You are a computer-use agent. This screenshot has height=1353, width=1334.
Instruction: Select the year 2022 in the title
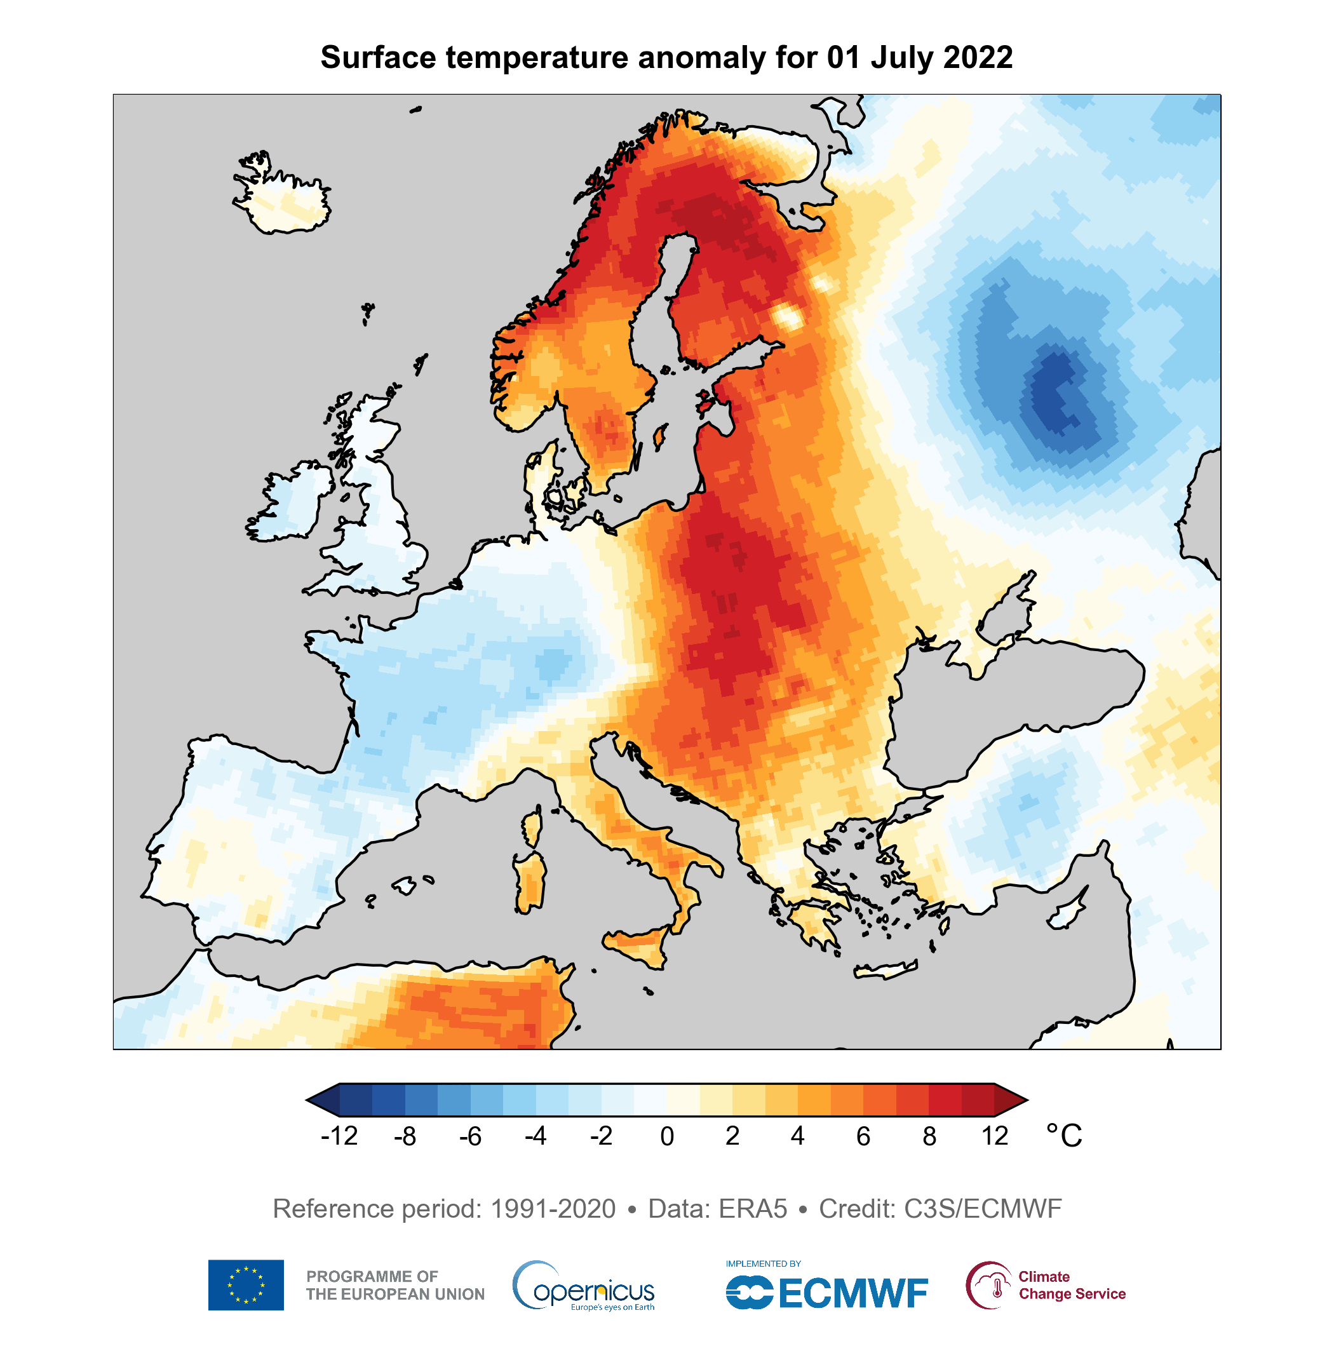pyautogui.click(x=977, y=57)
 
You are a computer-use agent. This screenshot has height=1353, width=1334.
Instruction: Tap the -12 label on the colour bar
pyautogui.click(x=339, y=1135)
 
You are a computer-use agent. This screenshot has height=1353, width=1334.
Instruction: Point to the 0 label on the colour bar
pyautogui.click(x=666, y=1135)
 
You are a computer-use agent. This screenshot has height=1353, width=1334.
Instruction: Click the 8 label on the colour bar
pyautogui.click(x=929, y=1135)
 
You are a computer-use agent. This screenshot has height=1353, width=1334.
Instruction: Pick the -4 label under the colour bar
pyautogui.click(x=535, y=1135)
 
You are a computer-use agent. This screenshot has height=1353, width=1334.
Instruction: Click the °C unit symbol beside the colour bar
pyautogui.click(x=1063, y=1135)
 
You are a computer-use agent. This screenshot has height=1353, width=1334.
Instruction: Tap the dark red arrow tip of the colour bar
pyautogui.click(x=1013, y=1100)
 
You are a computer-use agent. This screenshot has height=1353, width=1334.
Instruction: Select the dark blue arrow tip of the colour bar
pyautogui.click(x=322, y=1100)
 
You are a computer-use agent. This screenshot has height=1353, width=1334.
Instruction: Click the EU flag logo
pyautogui.click(x=246, y=1285)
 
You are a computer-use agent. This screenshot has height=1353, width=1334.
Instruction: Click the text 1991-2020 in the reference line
pyautogui.click(x=553, y=1209)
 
